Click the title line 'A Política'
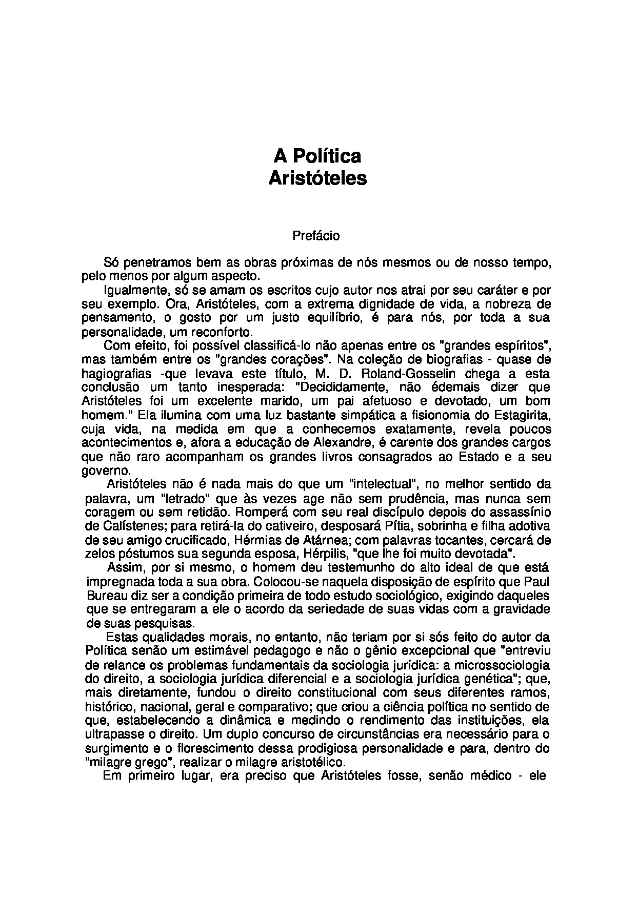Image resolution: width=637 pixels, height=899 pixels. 317,155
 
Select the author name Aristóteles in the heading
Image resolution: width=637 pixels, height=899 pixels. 317,178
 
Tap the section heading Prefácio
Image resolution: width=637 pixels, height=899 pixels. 316,236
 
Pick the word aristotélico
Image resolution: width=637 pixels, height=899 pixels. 310,762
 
